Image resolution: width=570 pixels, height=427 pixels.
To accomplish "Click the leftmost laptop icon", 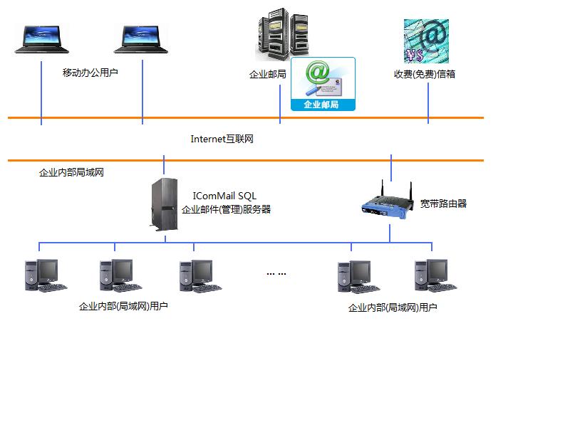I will [42, 40].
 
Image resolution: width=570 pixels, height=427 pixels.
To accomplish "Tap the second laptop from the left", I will [142, 40].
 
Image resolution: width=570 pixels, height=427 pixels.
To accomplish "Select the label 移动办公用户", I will [90, 73].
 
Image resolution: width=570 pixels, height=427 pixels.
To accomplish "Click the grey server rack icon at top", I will [282, 36].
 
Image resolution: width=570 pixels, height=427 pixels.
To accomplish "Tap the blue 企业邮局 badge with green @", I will [323, 84].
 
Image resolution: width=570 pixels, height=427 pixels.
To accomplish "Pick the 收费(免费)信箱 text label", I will [425, 73].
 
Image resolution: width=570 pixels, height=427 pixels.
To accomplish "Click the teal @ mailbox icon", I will [426, 41].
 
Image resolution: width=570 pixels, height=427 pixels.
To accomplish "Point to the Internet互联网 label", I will [222, 139].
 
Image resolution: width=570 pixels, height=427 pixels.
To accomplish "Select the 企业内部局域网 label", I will [71, 172].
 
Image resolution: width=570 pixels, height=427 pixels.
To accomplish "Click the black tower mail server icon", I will [164, 204].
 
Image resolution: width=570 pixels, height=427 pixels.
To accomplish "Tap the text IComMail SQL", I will [224, 196].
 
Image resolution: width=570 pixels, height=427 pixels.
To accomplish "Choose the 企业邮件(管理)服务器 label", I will [226, 209].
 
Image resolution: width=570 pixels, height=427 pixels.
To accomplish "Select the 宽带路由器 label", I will [443, 204].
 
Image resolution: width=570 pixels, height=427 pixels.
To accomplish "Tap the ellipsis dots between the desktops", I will [276, 273].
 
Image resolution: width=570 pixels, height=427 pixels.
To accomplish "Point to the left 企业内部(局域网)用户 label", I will [123, 307].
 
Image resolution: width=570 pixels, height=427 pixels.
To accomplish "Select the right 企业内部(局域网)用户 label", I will [393, 308].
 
